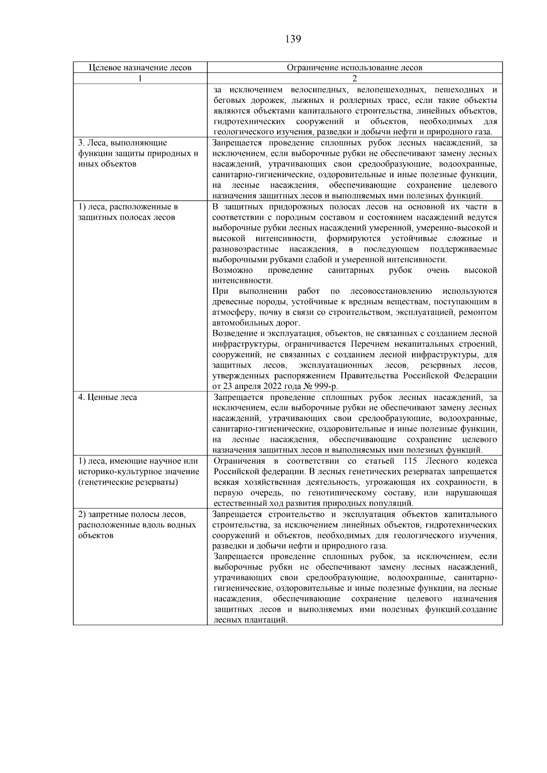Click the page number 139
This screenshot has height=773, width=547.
tap(293, 39)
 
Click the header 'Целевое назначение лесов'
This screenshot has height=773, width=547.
tap(140, 68)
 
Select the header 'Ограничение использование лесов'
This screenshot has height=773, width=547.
tap(354, 68)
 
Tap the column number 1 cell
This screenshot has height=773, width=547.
tap(140, 78)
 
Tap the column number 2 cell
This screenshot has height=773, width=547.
tap(354, 78)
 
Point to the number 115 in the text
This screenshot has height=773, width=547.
tap(412, 461)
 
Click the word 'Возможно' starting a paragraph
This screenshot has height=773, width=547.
tap(232, 271)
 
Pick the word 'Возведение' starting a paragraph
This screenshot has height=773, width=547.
tap(236, 334)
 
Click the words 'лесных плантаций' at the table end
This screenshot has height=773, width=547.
tap(250, 620)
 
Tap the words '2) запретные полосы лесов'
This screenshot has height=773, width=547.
tap(132, 515)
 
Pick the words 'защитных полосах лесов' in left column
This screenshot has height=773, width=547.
tap(126, 217)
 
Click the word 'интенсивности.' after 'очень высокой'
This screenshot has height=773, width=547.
tap(236, 281)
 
